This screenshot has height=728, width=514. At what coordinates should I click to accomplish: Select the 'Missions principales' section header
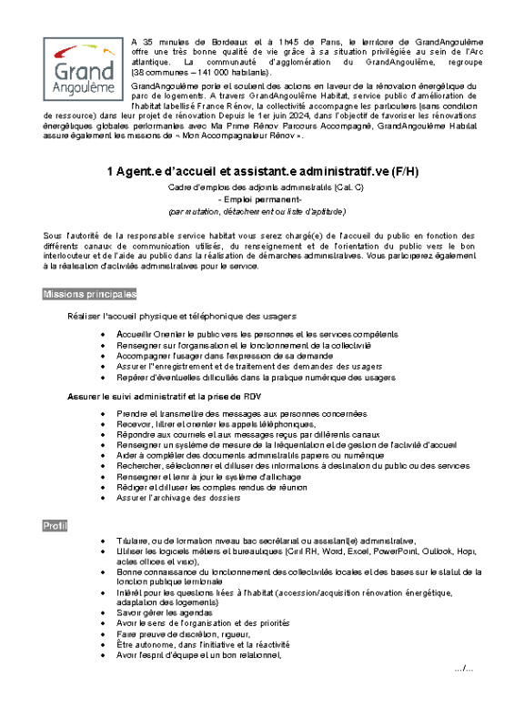point(90,295)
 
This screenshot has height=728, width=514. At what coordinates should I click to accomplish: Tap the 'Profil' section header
point(55,526)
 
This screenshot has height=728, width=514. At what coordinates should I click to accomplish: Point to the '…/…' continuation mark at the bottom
point(463,669)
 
